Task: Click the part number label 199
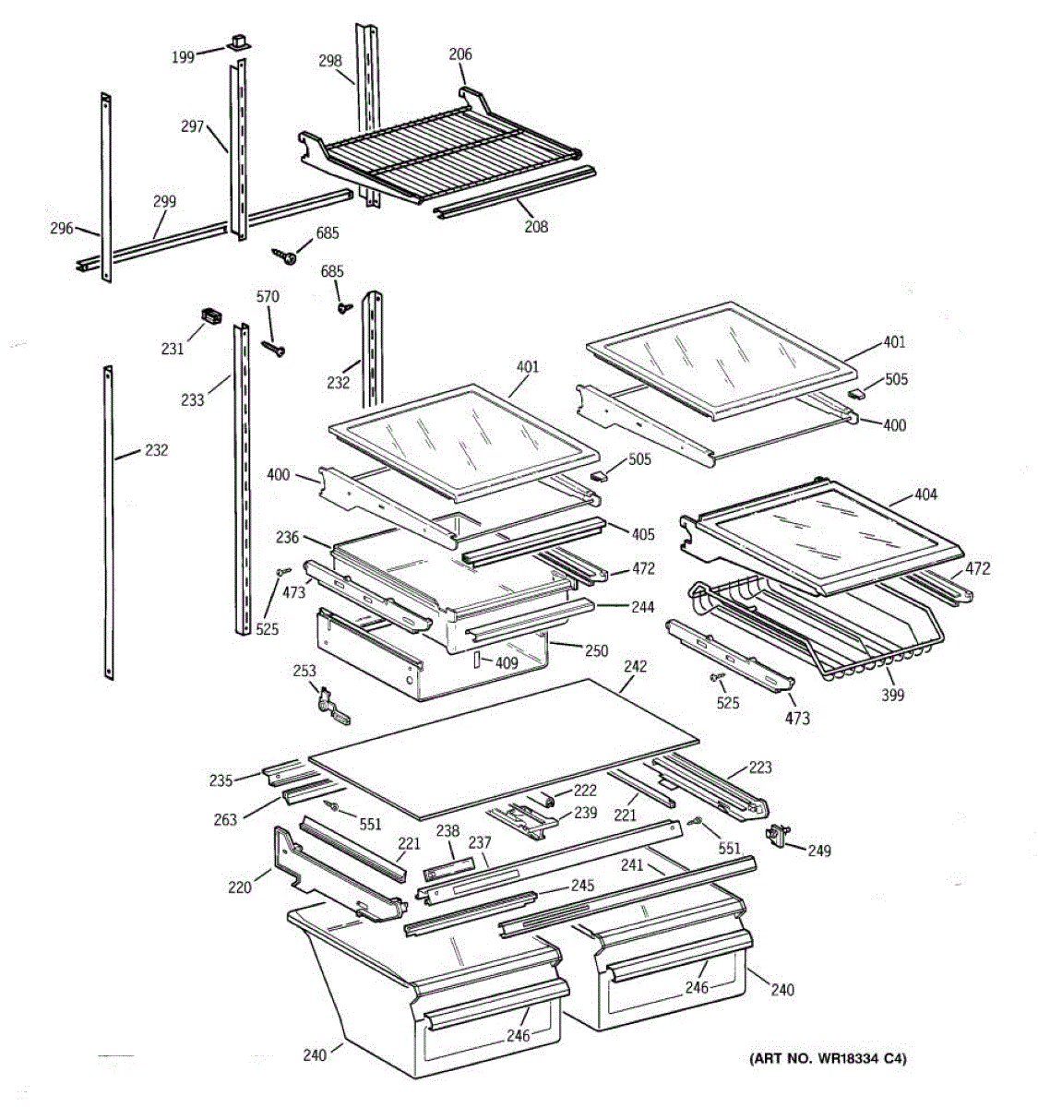[183, 57]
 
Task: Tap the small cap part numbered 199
[238, 42]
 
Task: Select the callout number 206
[460, 54]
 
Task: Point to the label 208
[535, 226]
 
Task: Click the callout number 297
[192, 126]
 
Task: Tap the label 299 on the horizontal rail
[164, 201]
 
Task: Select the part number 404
[925, 494]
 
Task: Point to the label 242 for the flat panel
[635, 666]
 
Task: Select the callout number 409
[505, 661]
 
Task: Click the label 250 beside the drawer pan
[596, 650]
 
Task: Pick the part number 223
[760, 768]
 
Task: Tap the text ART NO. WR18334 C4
[827, 1059]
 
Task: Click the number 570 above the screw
[267, 297]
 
